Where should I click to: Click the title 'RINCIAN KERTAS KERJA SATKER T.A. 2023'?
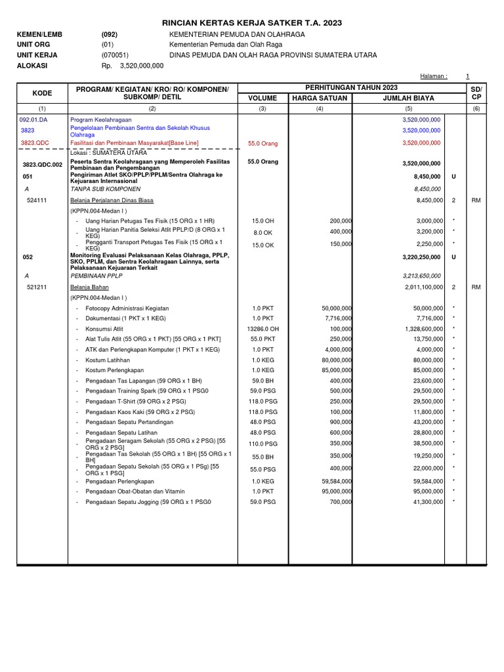click(252, 23)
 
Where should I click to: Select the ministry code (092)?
click(109, 34)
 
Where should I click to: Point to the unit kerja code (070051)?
click(115, 55)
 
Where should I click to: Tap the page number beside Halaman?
click(467, 76)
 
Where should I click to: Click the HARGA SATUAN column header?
click(320, 98)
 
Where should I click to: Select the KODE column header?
click(42, 93)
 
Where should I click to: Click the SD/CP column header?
click(476, 93)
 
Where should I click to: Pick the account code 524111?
click(37, 200)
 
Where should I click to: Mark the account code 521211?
click(37, 287)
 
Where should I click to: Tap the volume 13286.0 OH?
click(262, 329)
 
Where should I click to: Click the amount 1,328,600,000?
click(419, 329)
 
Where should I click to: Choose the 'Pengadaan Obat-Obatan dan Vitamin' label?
click(135, 491)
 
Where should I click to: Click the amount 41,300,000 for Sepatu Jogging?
click(424, 501)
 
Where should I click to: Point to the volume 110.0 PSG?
click(262, 444)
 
